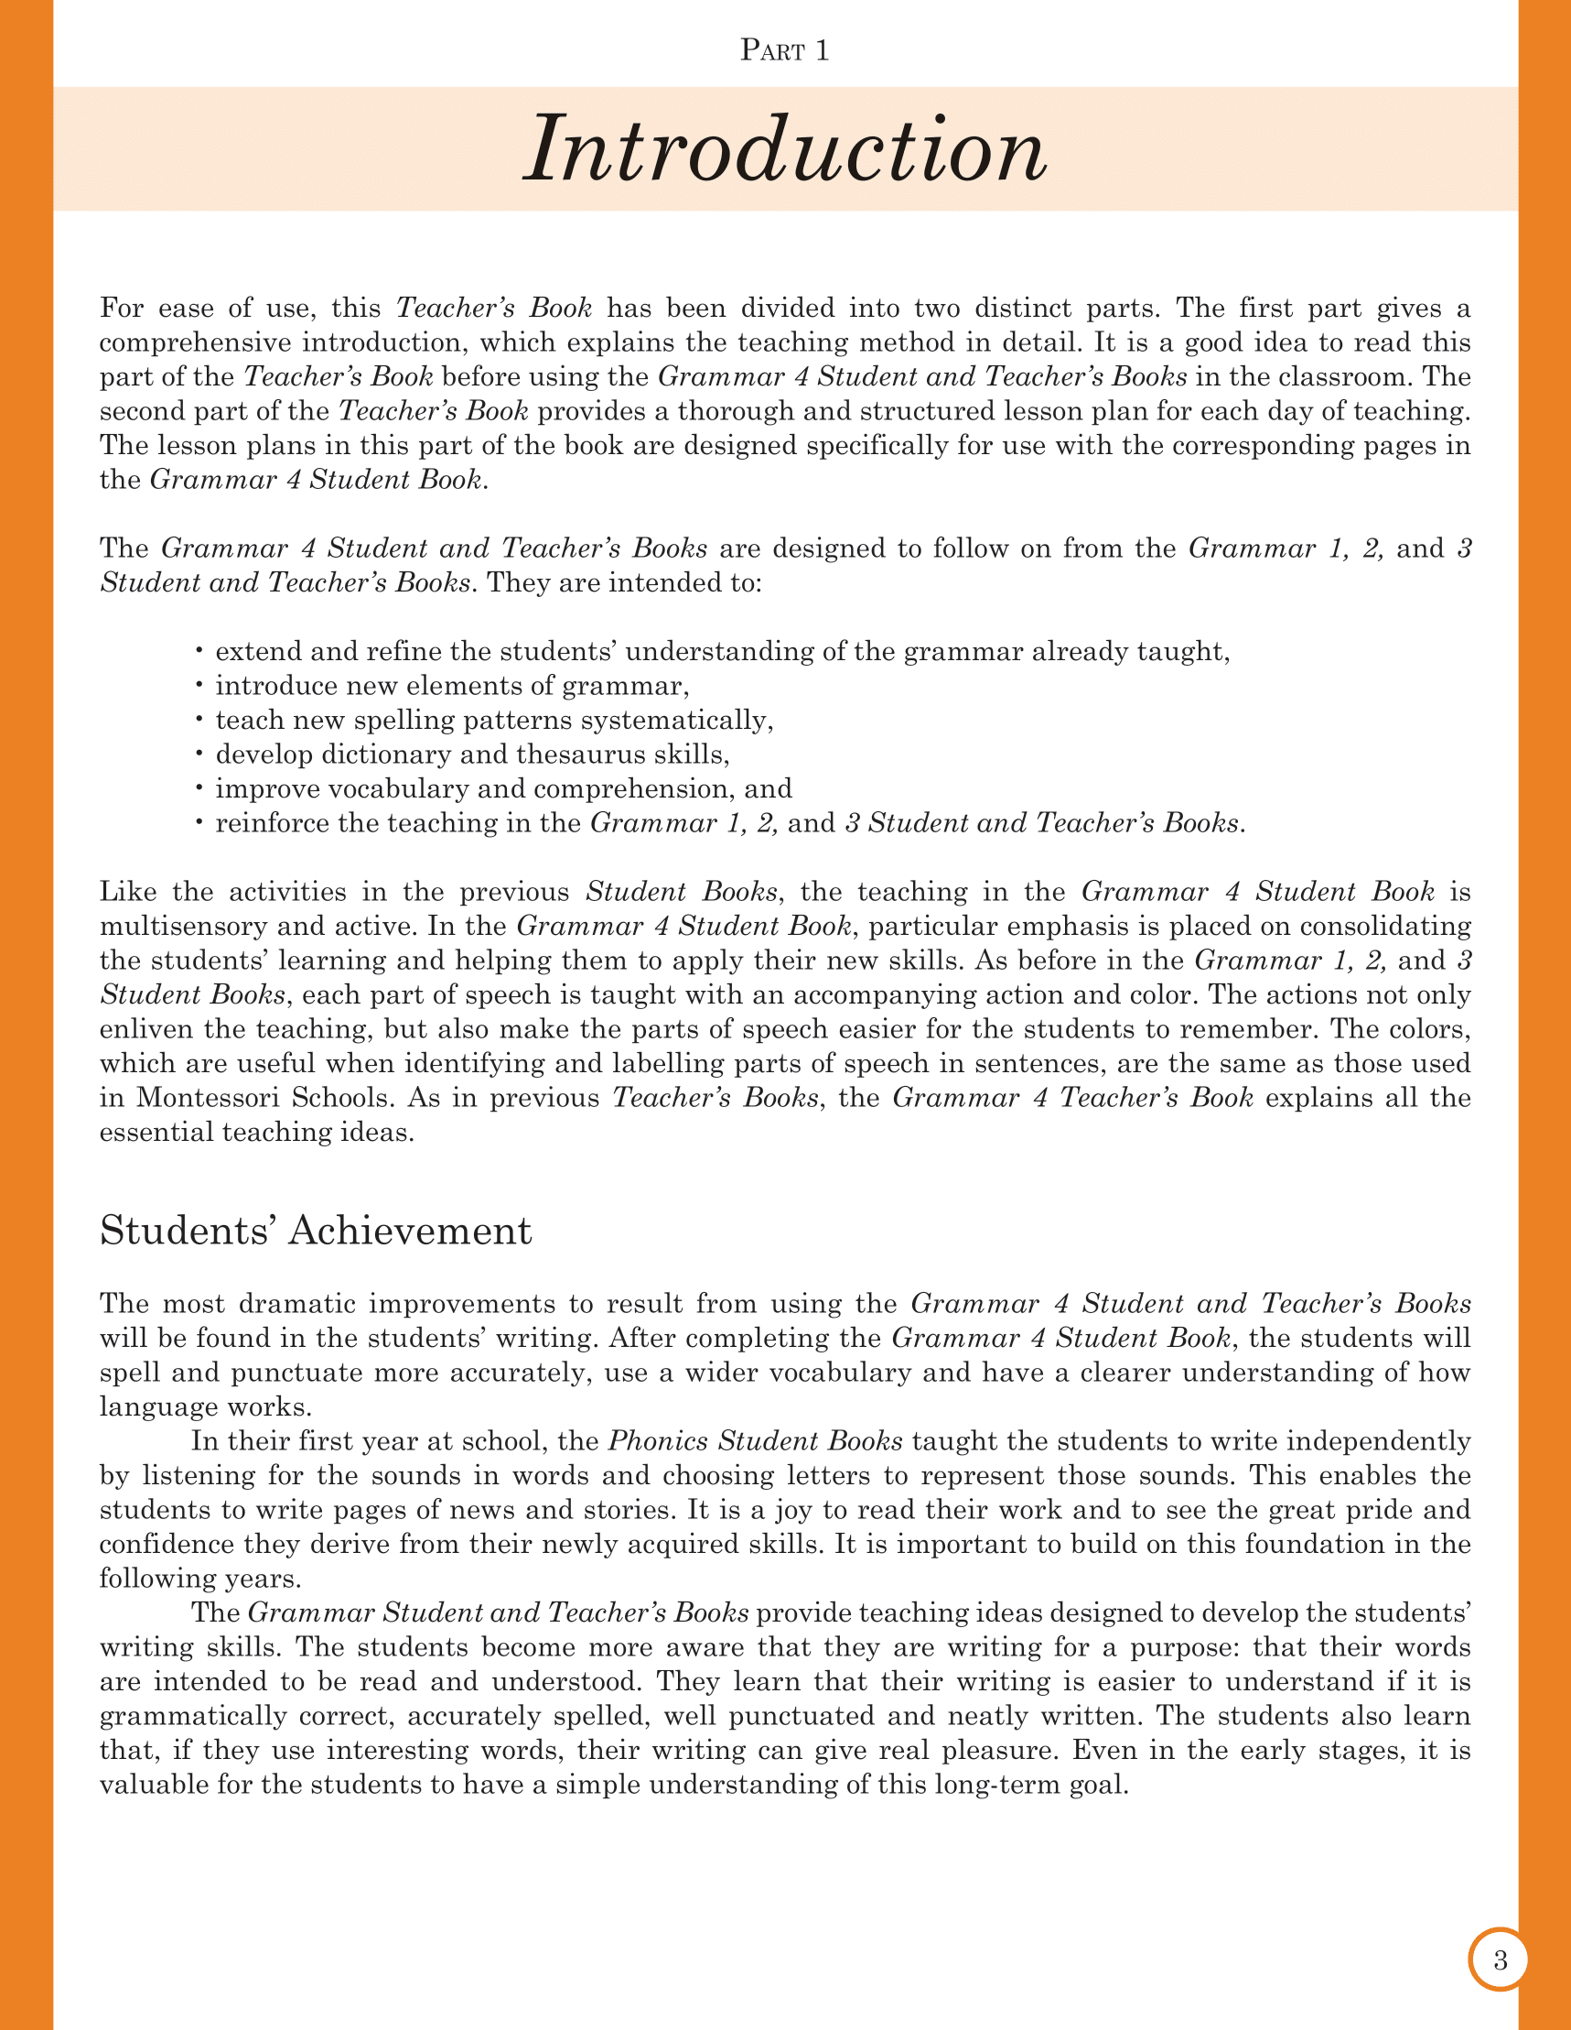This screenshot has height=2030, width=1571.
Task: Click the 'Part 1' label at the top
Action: click(784, 50)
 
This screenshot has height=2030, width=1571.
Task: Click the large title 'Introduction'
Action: click(785, 148)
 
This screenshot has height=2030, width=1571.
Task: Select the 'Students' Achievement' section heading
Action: click(315, 1231)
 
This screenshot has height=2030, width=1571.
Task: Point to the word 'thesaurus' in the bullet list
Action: click(582, 754)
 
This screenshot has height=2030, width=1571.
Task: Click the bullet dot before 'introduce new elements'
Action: click(199, 685)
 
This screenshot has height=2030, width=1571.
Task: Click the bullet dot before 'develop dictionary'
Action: click(199, 754)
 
